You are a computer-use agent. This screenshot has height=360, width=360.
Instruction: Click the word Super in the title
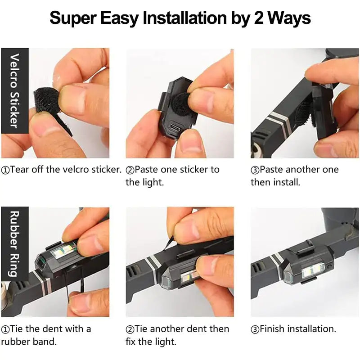pos(71,18)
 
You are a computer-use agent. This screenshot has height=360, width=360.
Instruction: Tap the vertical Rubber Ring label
pos(14,243)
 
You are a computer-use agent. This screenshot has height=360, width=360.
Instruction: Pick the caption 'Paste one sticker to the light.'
pos(173,175)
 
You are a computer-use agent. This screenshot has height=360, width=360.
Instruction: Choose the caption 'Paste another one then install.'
pos(295,175)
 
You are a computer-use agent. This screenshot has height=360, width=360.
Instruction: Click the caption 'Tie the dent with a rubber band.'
pos(46,335)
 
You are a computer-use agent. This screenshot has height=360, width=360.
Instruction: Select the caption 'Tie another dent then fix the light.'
pos(177,335)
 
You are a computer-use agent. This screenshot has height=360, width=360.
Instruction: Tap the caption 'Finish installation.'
pos(293,329)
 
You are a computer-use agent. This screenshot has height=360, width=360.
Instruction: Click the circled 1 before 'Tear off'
pos(5,170)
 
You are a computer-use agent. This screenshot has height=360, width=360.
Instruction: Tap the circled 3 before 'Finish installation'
pos(255,329)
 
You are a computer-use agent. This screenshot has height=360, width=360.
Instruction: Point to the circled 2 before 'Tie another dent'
pos(130,329)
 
